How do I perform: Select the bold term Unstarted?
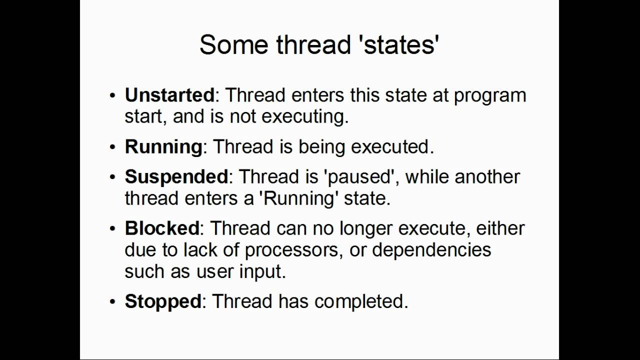click(169, 94)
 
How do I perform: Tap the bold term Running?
click(163, 146)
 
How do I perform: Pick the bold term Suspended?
click(176, 176)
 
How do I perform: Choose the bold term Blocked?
click(162, 228)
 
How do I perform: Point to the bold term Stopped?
click(162, 301)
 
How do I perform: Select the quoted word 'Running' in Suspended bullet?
click(298, 198)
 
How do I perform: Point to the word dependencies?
click(431, 249)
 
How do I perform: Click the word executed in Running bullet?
click(392, 146)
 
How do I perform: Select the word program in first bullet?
click(489, 95)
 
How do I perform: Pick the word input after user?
click(264, 271)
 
